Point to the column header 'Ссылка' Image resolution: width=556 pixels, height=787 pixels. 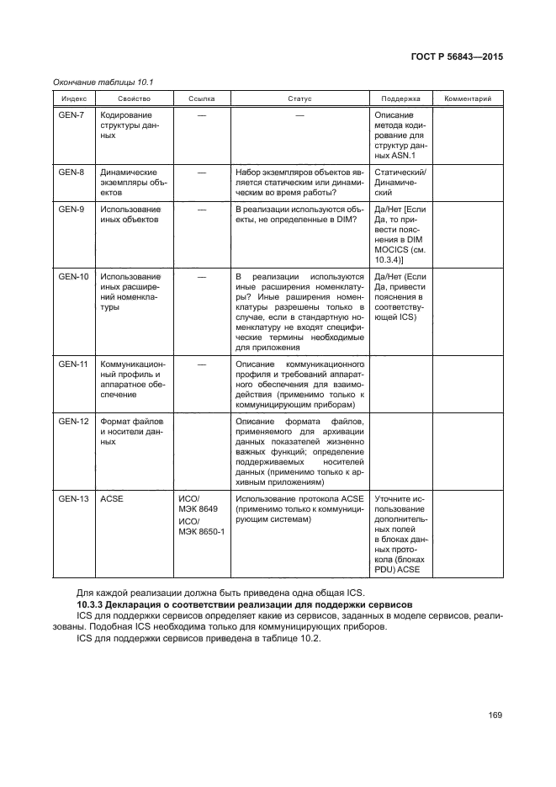point(201,99)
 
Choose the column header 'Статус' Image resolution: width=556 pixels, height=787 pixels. point(299,99)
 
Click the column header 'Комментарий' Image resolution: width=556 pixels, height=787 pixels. point(468,99)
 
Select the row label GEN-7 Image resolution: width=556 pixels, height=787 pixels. point(71,114)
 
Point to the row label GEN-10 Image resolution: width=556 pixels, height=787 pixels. point(73,276)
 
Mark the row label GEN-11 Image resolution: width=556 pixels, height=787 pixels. point(73,364)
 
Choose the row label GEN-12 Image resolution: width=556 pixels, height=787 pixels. point(73,421)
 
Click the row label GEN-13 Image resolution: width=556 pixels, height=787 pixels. point(73,498)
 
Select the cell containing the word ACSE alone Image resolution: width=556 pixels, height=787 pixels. point(112,498)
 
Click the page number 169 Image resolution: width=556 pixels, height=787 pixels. point(495,715)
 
